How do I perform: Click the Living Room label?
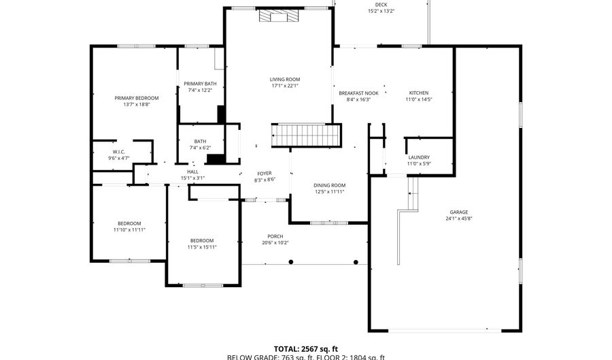(285, 80)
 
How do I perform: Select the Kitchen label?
(419, 93)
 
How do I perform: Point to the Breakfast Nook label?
(358, 93)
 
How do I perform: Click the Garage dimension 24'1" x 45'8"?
(458, 219)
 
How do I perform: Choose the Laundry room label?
(419, 157)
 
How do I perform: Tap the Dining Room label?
(329, 185)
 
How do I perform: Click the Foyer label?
(265, 174)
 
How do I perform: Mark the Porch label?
(275, 236)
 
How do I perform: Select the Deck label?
(381, 5)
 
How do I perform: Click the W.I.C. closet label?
(118, 152)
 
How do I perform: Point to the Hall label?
(192, 171)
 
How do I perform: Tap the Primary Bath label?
(198, 84)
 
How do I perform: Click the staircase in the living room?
(306, 135)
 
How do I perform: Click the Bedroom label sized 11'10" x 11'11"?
(129, 223)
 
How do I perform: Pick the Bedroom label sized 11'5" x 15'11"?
(202, 240)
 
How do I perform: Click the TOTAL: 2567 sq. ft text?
(306, 347)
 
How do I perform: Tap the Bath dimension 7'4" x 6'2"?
(200, 148)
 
